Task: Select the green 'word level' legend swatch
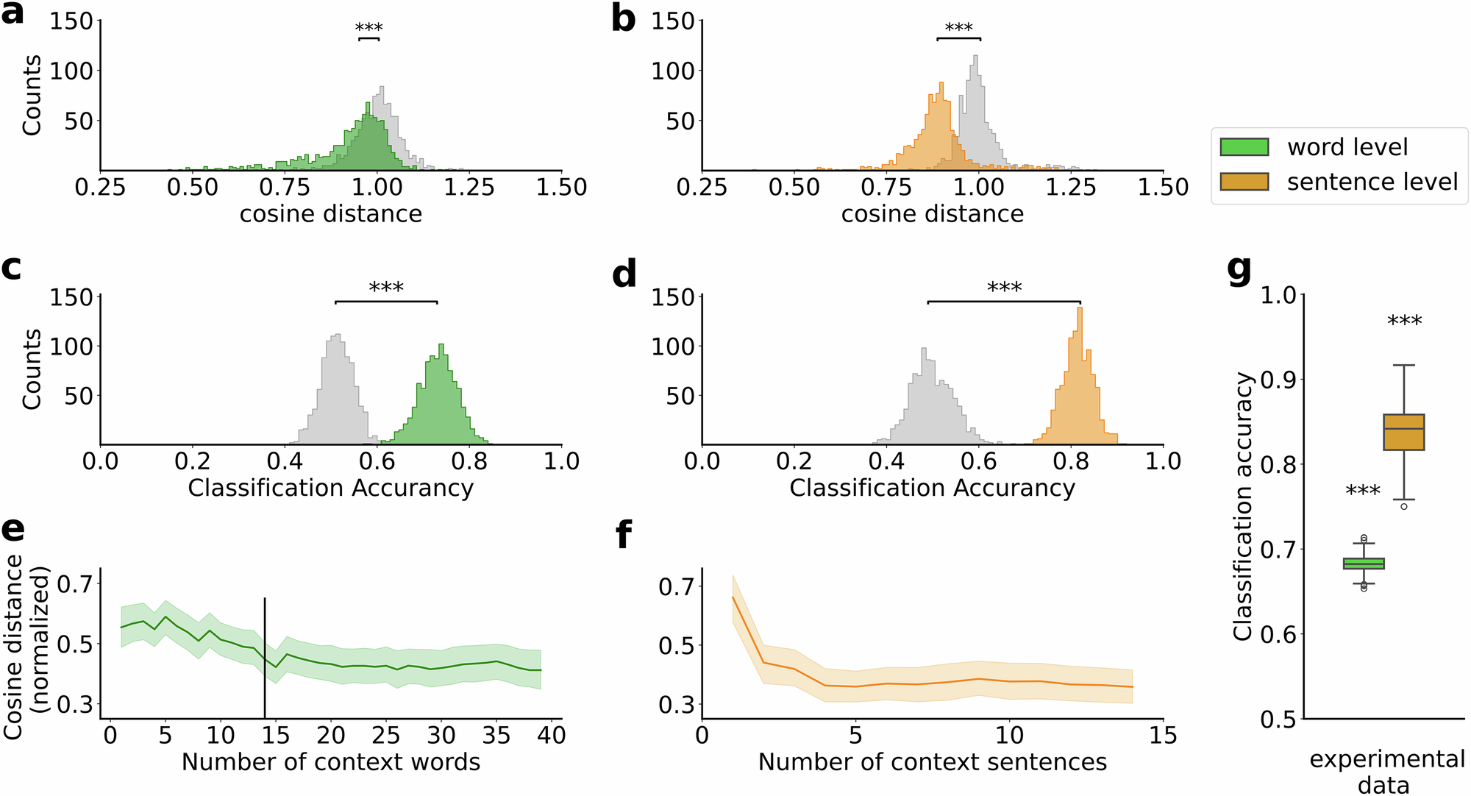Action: [1244, 147]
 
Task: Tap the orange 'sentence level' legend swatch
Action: [1244, 182]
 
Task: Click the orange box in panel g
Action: [1403, 432]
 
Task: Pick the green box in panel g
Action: [1364, 564]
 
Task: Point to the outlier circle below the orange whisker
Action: [1404, 506]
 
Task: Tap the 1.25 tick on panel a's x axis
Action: [469, 188]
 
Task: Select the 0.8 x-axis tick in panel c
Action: [469, 462]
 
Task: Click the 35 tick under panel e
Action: [496, 735]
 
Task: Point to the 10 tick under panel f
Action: [1009, 735]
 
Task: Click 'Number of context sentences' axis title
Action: [932, 762]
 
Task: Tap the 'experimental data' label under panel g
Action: [1386, 772]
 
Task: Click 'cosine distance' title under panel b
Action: [932, 214]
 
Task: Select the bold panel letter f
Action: [624, 536]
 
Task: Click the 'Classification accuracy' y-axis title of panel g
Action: [1242, 506]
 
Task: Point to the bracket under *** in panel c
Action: [386, 302]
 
